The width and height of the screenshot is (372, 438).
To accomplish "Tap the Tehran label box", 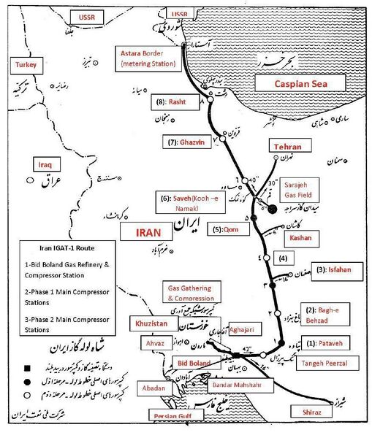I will click(287, 147).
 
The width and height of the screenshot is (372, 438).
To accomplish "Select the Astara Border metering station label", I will click(149, 58).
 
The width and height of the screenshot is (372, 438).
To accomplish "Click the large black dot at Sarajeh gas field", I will click(272, 209).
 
